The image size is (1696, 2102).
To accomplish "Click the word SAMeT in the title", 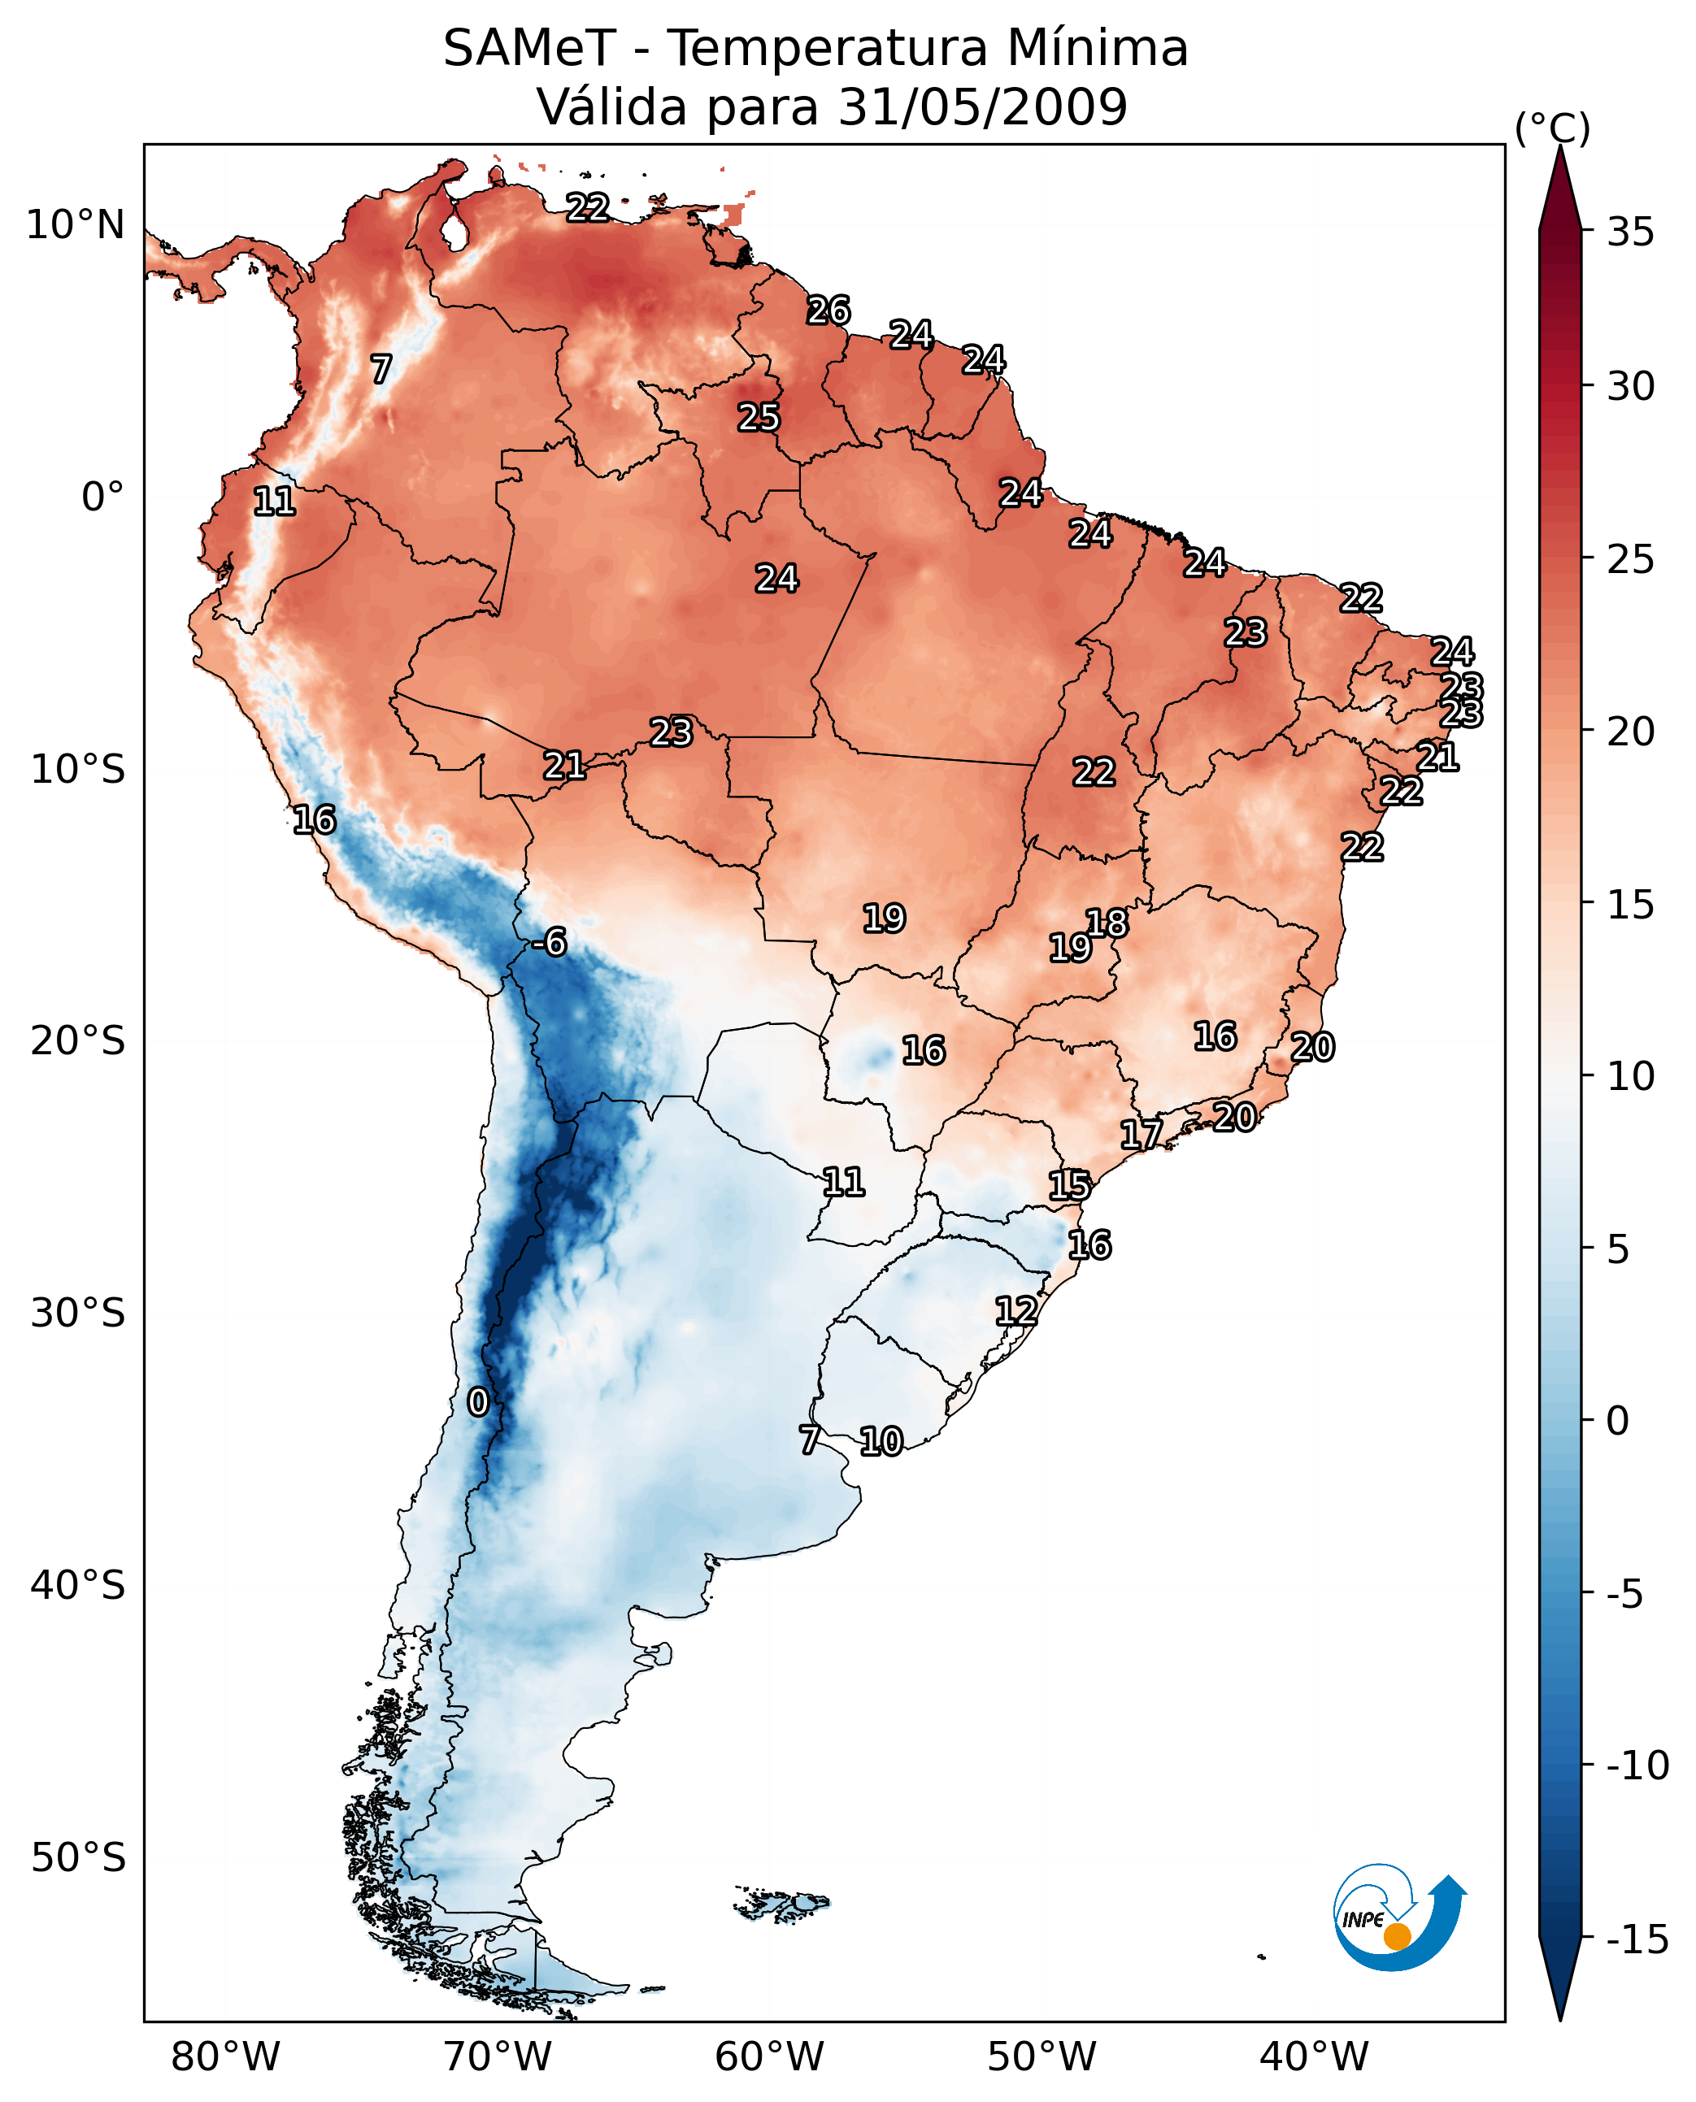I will tap(528, 49).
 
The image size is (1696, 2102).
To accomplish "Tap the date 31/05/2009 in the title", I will tap(983, 106).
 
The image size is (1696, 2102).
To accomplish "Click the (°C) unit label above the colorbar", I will tap(1551, 128).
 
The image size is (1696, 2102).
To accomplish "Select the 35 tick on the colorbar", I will tap(1630, 232).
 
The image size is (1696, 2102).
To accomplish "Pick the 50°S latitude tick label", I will tap(78, 1857).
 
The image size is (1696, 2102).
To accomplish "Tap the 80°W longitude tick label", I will tap(226, 2056).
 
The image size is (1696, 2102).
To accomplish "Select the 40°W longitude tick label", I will tap(1313, 2056).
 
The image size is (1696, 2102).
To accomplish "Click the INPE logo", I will tap(1398, 1917).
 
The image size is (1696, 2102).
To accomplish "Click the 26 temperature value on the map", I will tap(828, 311).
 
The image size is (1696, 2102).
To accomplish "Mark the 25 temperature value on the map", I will tap(758, 417).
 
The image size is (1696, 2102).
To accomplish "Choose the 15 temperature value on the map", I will tap(1069, 1186).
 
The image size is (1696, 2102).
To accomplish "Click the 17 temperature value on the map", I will tap(1140, 1135).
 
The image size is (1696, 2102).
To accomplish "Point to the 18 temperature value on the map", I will tap(1107, 922).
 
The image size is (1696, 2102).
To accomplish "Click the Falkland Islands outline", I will tap(781, 1904).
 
